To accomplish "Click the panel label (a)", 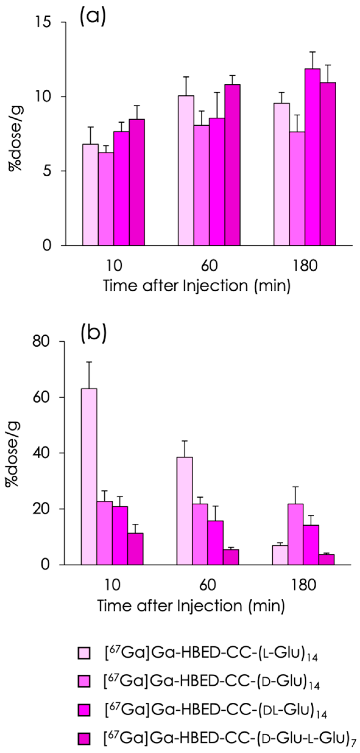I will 93,16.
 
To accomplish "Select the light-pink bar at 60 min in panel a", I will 186,170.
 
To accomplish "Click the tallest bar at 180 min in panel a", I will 313,157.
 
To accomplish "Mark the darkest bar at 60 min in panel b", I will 231,557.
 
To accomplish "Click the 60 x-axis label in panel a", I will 209,266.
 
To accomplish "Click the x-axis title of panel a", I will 196,286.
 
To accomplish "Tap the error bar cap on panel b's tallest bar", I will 89,362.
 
